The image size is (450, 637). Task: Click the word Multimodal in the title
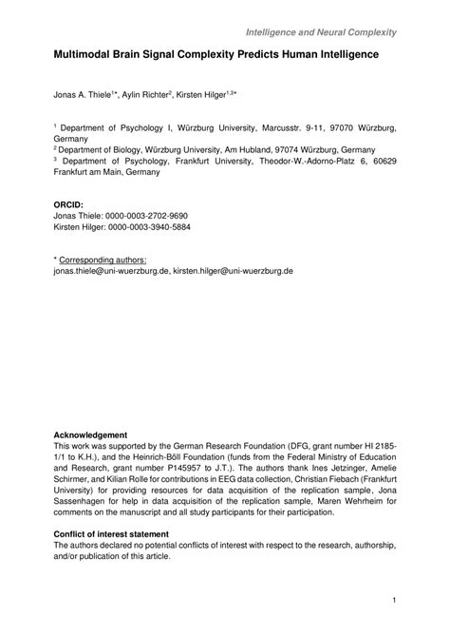84,57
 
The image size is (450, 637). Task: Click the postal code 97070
335,127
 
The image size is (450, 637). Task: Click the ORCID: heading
69,204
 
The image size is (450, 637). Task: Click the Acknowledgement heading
90,434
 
